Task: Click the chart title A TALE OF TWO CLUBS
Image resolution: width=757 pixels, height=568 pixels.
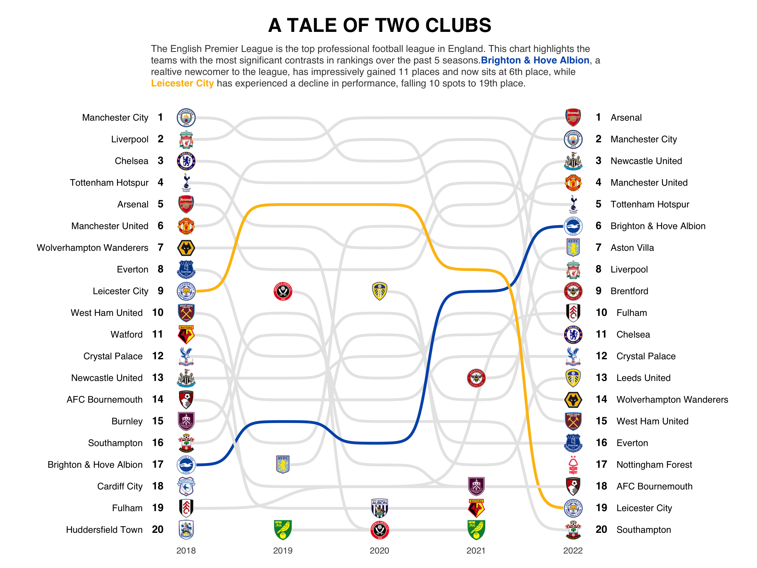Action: (x=379, y=25)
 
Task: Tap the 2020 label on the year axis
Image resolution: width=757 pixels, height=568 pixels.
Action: (x=379, y=551)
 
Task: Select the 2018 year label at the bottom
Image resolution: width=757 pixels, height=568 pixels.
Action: (x=186, y=551)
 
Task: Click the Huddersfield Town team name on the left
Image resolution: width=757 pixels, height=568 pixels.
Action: (x=104, y=530)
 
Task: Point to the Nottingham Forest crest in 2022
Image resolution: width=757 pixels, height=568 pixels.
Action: (x=573, y=464)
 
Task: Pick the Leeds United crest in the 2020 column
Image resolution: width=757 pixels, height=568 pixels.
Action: (x=379, y=291)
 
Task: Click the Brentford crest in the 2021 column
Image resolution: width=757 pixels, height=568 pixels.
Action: (x=476, y=378)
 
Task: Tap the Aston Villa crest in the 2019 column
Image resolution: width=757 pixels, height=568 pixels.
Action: (x=283, y=464)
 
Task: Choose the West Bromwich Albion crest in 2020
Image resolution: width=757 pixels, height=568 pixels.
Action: (x=379, y=508)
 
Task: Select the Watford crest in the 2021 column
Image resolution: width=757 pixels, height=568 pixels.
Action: (x=476, y=508)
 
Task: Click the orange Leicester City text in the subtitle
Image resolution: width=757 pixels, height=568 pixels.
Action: (x=182, y=83)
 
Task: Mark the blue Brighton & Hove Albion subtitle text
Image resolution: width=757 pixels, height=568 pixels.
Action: (x=535, y=60)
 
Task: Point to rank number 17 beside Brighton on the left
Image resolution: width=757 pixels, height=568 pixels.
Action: (x=158, y=464)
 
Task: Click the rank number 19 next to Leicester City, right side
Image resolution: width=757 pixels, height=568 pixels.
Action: (x=601, y=508)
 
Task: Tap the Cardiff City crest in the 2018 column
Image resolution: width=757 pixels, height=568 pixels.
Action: (x=186, y=486)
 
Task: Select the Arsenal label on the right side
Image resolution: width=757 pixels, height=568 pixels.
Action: (x=626, y=117)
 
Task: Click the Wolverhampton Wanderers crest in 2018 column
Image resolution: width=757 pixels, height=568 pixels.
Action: (x=186, y=248)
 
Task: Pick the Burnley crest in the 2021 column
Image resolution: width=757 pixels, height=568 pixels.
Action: (x=476, y=486)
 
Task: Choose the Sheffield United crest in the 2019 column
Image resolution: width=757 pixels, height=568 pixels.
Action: (x=283, y=291)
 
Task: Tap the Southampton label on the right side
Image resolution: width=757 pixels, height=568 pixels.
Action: (x=643, y=530)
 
